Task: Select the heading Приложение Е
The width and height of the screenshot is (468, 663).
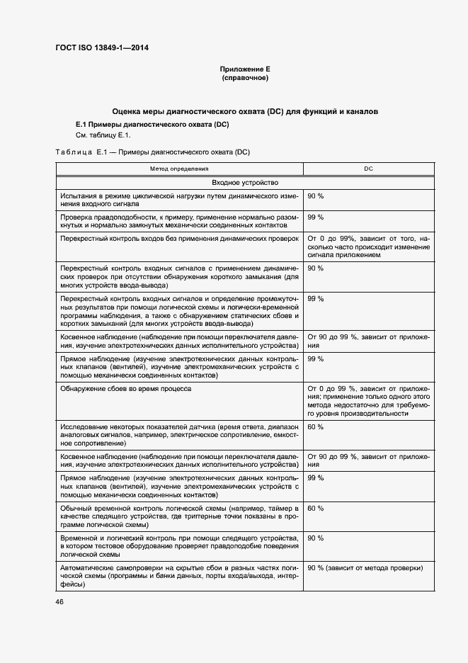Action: click(245, 69)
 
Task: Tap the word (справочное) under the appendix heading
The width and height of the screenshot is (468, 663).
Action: click(245, 78)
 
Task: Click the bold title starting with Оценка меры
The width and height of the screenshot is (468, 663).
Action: click(245, 112)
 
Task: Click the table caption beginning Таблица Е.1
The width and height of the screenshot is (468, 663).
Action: click(153, 152)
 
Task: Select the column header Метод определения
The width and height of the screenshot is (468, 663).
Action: click(179, 169)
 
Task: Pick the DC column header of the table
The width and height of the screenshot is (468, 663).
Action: click(368, 169)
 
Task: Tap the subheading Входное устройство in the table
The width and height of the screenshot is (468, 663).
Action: click(245, 182)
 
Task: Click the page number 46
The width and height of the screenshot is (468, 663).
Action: click(59, 602)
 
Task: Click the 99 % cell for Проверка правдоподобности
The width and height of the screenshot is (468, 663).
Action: click(316, 217)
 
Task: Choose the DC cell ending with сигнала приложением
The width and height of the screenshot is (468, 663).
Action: click(368, 247)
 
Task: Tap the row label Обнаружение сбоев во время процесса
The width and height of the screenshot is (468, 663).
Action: click(125, 390)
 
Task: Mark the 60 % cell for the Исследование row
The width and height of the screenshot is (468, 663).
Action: click(316, 427)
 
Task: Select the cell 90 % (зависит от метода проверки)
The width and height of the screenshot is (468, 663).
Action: click(365, 568)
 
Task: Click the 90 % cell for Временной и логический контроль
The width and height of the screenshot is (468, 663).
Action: click(316, 538)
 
